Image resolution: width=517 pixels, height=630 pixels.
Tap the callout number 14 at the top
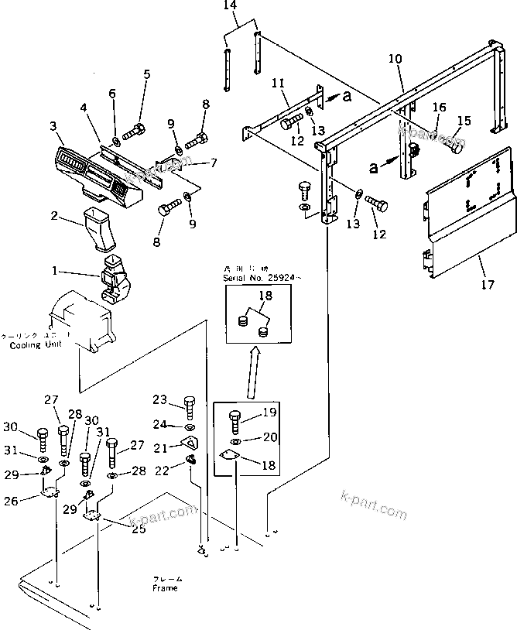[228, 5]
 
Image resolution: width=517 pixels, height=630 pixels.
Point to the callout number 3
[53, 125]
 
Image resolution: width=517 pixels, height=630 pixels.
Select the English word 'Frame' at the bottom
[164, 588]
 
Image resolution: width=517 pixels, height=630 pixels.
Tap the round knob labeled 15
[454, 146]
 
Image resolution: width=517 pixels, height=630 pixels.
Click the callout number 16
[439, 108]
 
